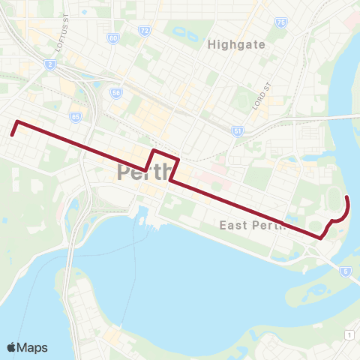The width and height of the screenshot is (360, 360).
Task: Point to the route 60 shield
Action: tap(113, 37)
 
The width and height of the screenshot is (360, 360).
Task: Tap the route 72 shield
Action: tap(145, 31)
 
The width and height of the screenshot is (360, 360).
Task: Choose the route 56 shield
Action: tap(116, 93)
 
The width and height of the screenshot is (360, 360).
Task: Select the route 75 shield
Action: tap(281, 23)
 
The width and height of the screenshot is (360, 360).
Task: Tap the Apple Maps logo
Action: tap(27, 347)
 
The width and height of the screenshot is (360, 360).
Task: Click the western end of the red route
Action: tap(12, 134)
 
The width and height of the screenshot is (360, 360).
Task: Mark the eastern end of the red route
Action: tap(346, 196)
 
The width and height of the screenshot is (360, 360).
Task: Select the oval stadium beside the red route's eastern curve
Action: tap(335, 202)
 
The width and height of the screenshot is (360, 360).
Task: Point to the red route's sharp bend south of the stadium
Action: tap(321, 237)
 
